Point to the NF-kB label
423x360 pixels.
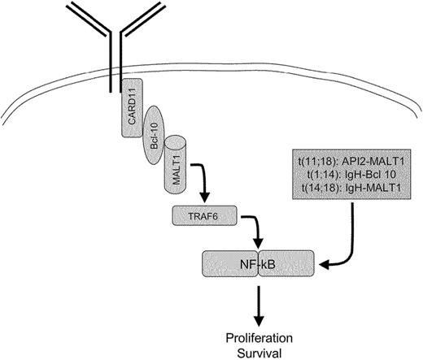[258, 266]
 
